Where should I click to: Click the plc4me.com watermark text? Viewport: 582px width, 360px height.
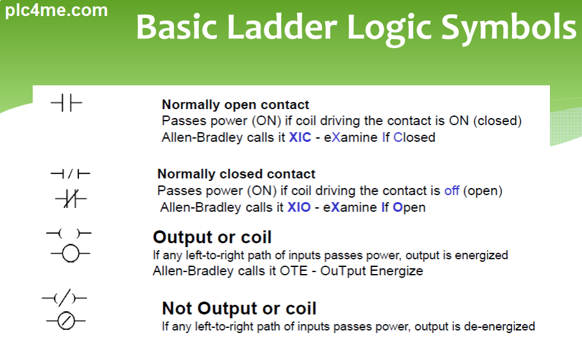56,10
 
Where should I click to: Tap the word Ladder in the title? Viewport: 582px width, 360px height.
282,27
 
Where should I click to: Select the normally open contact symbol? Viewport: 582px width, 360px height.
66,103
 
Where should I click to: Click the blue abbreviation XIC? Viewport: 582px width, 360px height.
300,137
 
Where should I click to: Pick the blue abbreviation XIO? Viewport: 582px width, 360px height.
299,207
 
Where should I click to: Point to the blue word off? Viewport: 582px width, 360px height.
452,191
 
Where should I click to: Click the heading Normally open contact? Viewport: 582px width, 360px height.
235,105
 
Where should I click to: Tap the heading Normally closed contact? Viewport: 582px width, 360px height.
236,174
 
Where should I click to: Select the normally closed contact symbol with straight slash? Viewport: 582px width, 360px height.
70,174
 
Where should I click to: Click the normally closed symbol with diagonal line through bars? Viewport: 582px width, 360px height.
71,198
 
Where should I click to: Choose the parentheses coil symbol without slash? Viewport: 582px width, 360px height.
69,234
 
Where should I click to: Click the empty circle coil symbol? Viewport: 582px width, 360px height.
70,254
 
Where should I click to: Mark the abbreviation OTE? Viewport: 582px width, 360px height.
294,271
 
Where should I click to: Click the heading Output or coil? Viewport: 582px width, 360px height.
212,237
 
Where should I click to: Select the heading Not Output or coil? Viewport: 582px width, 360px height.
239,309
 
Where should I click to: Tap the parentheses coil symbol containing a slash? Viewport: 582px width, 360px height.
64,298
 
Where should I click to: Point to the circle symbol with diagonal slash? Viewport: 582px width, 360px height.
66,321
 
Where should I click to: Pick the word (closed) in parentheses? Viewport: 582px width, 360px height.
497,121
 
